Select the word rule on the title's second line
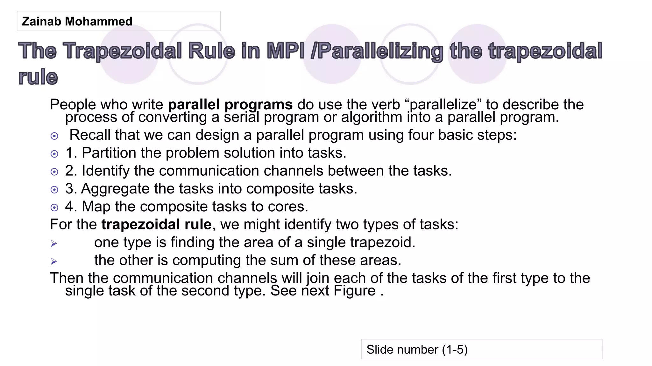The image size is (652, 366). pos(38,77)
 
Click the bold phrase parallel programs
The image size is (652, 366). pos(230,105)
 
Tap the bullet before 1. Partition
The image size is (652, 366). pos(54,154)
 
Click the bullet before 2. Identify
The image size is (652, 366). pos(54,172)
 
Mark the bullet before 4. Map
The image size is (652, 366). pos(54,208)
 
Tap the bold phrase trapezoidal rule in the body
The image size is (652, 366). pos(156,225)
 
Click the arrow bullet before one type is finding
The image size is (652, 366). pos(54,244)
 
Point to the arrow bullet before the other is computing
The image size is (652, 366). pos(54,261)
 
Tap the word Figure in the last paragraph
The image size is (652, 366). pos(355,291)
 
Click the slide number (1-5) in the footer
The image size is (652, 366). pos(417,349)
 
